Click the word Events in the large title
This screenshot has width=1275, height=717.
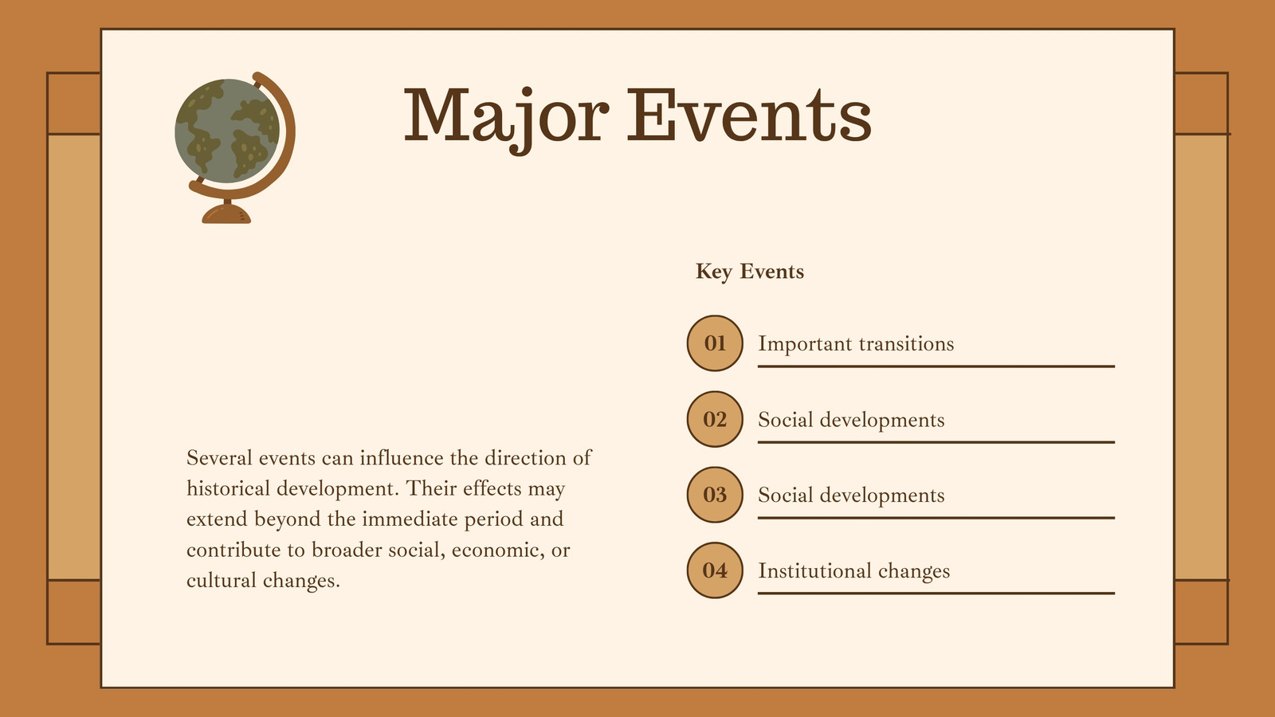(749, 115)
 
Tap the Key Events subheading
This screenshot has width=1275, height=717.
(750, 272)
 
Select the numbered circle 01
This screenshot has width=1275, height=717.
(715, 343)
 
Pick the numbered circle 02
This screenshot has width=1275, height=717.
(715, 419)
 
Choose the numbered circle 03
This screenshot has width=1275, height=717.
(715, 495)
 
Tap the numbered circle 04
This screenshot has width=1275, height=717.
(715, 570)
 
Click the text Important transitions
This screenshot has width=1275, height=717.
(856, 343)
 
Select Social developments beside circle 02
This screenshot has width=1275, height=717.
(851, 419)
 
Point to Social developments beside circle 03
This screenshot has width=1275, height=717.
(851, 495)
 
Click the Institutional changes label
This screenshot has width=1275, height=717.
(853, 570)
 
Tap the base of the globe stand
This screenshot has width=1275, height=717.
(226, 214)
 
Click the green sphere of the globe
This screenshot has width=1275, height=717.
(227, 131)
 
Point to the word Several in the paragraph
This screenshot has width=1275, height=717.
(219, 457)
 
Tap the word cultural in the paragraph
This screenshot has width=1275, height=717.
(222, 581)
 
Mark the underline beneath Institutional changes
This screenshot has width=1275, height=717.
(936, 593)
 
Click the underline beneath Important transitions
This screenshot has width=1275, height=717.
(936, 366)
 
